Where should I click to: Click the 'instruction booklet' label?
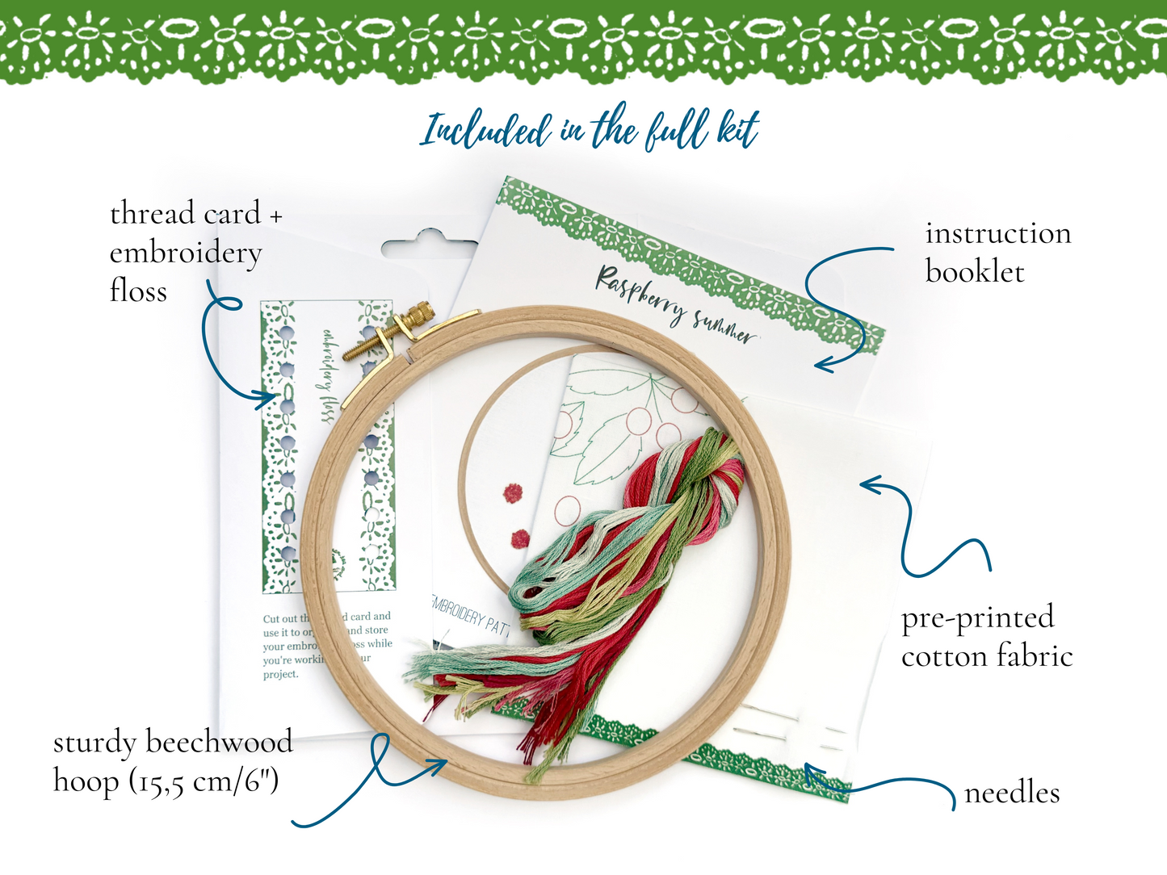[997, 253]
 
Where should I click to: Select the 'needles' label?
[1011, 793]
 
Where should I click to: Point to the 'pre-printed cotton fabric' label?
[986, 637]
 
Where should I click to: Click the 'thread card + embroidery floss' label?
[194, 252]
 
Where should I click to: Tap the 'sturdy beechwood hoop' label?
[172, 761]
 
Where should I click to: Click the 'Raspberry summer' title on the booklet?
[676, 308]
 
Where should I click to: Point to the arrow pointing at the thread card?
[226, 355]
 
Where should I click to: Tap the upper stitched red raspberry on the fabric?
[512, 492]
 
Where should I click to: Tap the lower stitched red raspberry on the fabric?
[521, 537]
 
